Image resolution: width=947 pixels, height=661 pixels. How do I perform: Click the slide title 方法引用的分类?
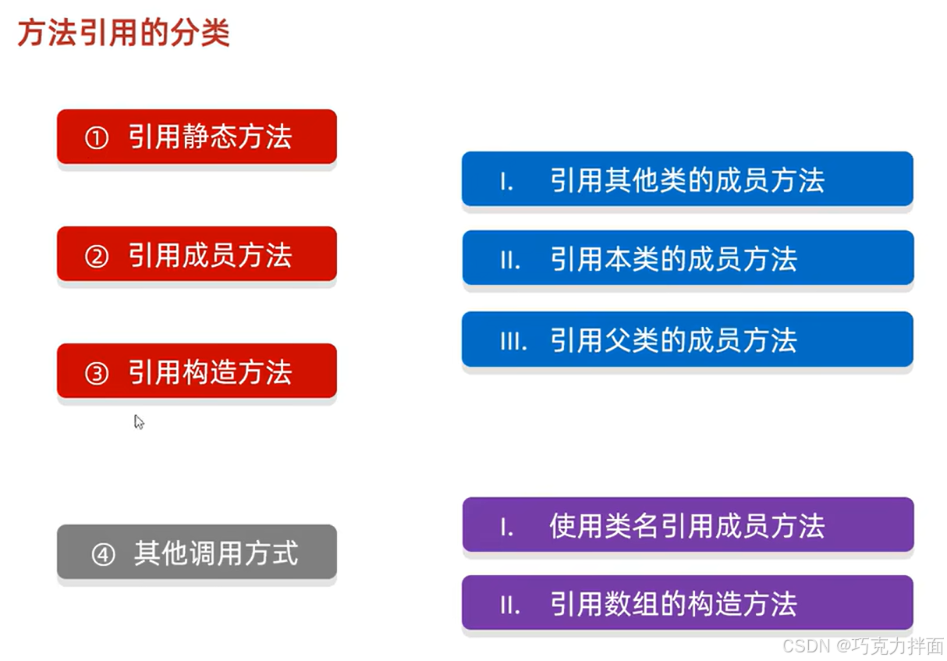(123, 33)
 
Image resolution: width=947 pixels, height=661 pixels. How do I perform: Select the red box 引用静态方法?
(197, 137)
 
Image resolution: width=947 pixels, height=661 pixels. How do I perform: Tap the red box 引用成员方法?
(197, 254)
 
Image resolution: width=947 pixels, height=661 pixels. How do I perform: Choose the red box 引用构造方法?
(197, 371)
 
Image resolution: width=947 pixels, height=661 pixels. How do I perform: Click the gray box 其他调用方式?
(197, 553)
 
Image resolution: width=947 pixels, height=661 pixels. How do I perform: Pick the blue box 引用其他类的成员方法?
(686, 179)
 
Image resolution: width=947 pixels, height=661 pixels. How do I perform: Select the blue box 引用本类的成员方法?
(686, 258)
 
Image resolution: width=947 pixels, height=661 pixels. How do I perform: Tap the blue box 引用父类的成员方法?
(686, 339)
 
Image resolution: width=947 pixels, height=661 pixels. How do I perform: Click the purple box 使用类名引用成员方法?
(686, 525)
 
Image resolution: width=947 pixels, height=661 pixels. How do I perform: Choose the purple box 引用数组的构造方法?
(686, 603)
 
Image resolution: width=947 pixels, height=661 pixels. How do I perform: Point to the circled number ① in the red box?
(96, 138)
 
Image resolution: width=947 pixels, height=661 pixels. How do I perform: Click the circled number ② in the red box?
(96, 256)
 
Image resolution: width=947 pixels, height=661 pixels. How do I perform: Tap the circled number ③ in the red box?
(96, 373)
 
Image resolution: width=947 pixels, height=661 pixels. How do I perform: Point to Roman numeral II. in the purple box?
(510, 605)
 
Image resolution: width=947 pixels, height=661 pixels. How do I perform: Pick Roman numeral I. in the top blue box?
(506, 182)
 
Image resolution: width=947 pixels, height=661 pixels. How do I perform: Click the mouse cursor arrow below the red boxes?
(138, 421)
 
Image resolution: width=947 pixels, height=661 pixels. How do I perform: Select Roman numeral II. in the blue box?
(510, 260)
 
